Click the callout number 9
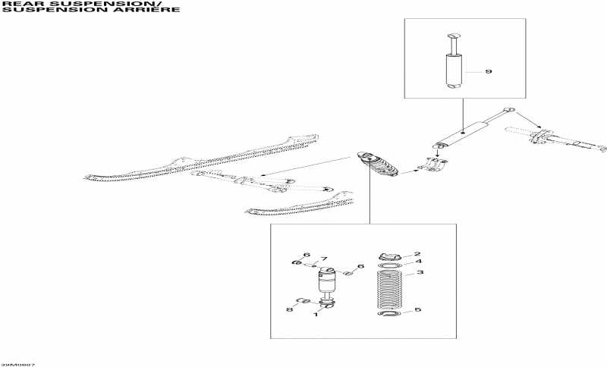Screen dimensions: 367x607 pos(489,72)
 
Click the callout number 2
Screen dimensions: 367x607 pos(417,255)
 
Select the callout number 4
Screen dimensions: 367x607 pos(417,262)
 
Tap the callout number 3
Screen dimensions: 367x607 pos(420,272)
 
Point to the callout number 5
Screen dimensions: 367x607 pos(417,310)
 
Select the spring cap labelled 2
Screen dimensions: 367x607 pos(389,256)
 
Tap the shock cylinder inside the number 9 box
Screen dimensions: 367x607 pos(454,73)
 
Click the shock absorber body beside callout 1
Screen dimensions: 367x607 pos(328,281)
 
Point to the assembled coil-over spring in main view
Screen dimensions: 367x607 pos(376,165)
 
